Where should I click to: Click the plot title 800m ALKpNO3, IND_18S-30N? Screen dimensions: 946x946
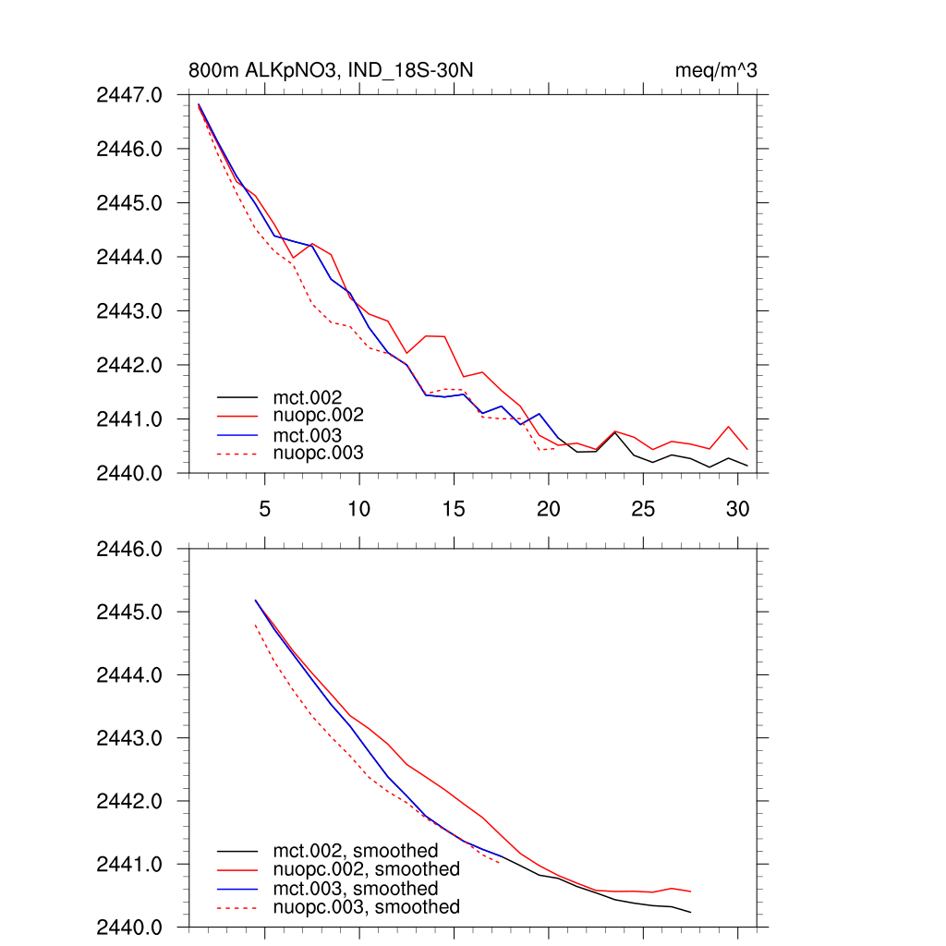point(332,70)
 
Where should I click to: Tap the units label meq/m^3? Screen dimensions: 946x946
point(718,70)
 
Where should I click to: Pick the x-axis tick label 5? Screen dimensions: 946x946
point(265,508)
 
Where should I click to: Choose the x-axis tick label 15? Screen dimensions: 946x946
point(454,508)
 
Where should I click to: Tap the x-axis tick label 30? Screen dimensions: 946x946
point(737,508)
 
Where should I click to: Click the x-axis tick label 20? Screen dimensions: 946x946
point(549,508)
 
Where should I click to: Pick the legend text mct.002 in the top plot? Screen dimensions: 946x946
point(314,397)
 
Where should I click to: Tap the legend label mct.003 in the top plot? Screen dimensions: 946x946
point(314,434)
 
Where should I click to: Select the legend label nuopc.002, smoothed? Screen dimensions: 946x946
point(366,869)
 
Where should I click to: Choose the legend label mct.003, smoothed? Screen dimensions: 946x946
point(356,889)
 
